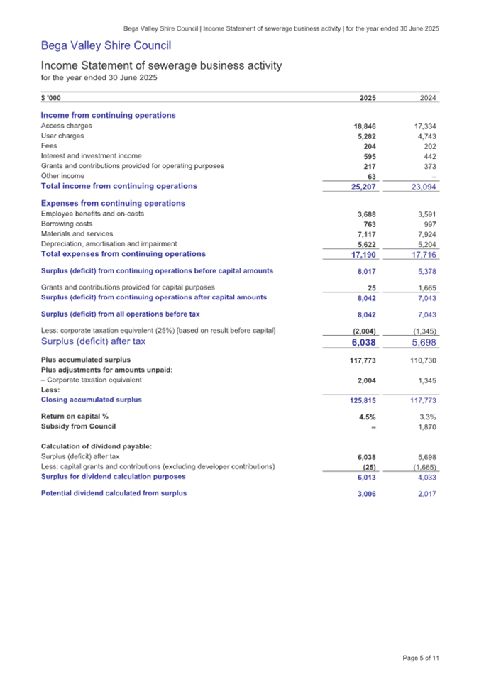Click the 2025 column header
[x=368, y=99]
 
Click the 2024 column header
[x=428, y=99]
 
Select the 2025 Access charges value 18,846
[x=365, y=126]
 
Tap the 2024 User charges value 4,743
[x=426, y=136]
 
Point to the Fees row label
[x=49, y=146]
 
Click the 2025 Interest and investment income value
[x=368, y=156]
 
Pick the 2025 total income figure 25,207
[x=363, y=187]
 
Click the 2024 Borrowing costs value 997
[x=430, y=224]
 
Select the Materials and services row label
[x=77, y=233]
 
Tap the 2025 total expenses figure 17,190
[x=363, y=254]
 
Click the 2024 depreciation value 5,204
[x=426, y=243]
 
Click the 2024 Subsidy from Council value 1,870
[x=426, y=426]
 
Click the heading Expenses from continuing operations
[x=113, y=204]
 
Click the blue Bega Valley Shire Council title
[x=106, y=47]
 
